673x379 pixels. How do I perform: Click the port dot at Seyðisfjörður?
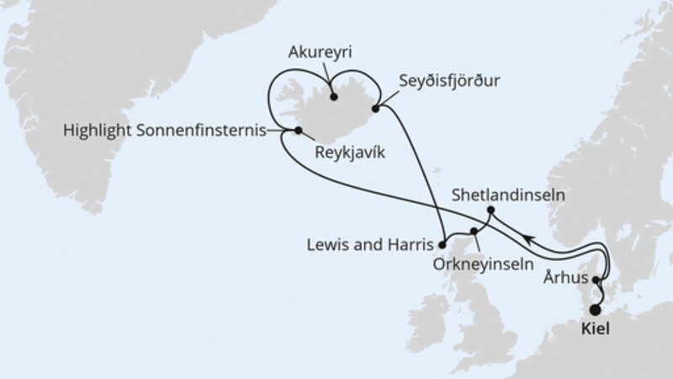(375, 108)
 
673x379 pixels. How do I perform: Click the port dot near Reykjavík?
(298, 131)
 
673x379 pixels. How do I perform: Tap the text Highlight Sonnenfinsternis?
(163, 131)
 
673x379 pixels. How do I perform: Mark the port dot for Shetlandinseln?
(490, 210)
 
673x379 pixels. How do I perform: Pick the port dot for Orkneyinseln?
(474, 231)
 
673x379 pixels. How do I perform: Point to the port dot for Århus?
(596, 280)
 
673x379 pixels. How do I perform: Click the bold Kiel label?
(597, 330)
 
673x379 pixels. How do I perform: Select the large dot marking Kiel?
(596, 310)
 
